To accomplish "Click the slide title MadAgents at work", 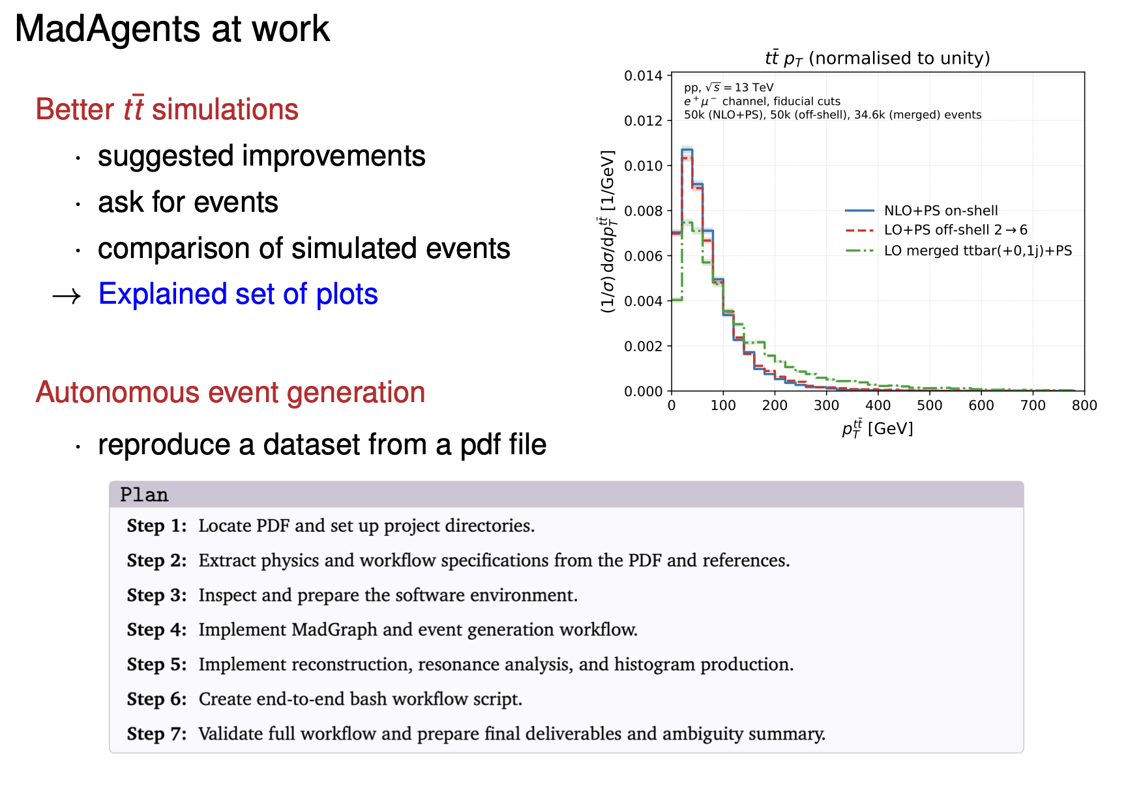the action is pos(172,29).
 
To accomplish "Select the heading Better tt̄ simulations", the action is pos(167,109).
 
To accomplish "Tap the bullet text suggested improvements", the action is pos(261,156).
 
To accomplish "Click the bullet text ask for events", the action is pos(188,202).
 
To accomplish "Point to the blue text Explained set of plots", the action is pos(238,294).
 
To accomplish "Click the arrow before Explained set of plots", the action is pos(67,297).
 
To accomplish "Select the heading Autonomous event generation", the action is pos(230,392).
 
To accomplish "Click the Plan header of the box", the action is pos(144,495).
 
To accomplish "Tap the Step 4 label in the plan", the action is pos(156,630).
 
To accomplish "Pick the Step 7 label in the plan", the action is pos(156,734).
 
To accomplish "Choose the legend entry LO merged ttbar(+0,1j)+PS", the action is pos(958,251).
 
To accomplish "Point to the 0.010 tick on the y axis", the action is pos(643,166).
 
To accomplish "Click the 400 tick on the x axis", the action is pos(878,405).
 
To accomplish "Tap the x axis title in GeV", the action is pos(878,428).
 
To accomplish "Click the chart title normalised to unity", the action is pos(878,58).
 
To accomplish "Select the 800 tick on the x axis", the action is pos(1084,405).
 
